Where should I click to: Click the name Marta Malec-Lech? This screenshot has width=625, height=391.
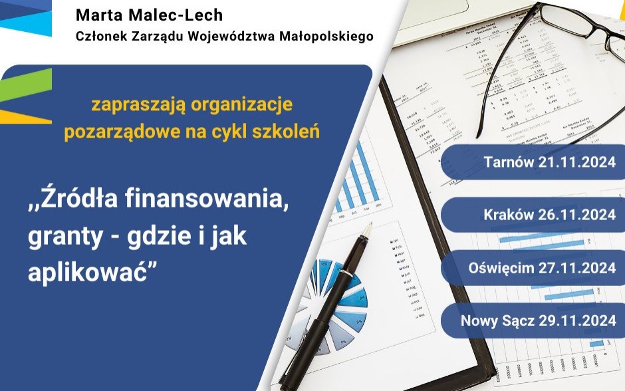[x=150, y=15]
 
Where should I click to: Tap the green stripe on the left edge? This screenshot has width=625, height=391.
[x=27, y=82]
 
